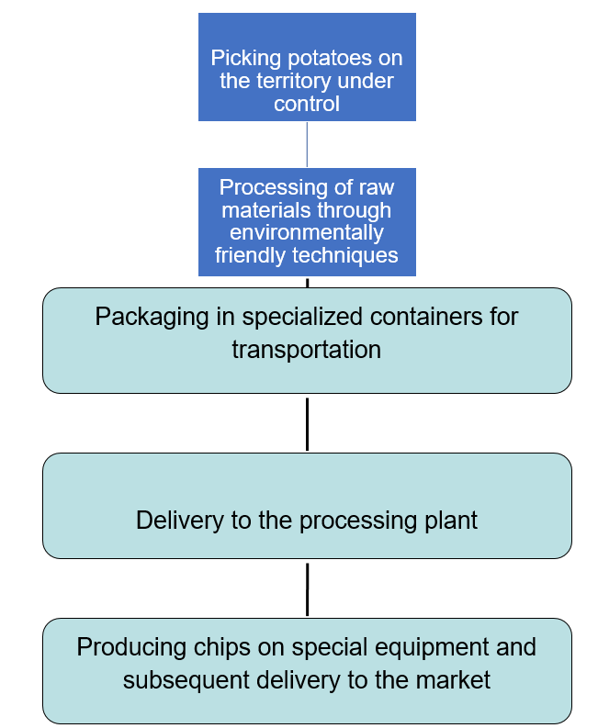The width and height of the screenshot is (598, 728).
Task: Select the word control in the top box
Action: [307, 104]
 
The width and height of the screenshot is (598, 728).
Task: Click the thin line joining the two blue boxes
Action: [307, 144]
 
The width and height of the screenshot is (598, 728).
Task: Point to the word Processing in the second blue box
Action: [265, 187]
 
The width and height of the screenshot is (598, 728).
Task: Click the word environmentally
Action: [307, 232]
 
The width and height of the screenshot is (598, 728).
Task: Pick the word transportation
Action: [307, 350]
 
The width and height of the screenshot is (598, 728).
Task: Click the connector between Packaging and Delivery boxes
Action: [307, 423]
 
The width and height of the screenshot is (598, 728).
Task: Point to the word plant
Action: [452, 521]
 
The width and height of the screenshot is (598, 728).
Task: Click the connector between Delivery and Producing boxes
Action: [307, 588]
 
